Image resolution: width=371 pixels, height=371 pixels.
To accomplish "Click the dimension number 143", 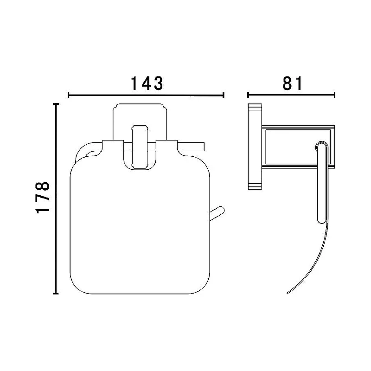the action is pyautogui.click(x=147, y=83).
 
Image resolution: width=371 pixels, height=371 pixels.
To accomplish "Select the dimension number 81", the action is pyautogui.click(x=293, y=83).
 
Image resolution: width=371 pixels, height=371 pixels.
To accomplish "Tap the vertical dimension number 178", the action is pyautogui.click(x=43, y=198).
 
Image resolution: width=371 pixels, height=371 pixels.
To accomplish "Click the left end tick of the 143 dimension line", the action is pyautogui.click(x=68, y=95).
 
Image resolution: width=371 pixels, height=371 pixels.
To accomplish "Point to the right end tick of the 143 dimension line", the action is pyautogui.click(x=224, y=95).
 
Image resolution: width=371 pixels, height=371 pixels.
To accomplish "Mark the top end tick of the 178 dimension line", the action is pyautogui.click(x=56, y=104).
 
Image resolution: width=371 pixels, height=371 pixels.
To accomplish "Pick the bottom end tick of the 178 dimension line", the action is pyautogui.click(x=56, y=294).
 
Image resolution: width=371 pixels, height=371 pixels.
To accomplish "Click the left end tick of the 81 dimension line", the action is pyautogui.click(x=248, y=95).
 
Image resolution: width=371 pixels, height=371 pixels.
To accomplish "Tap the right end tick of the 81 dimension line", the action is pyautogui.click(x=334, y=95).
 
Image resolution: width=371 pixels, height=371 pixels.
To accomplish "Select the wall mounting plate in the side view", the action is pyautogui.click(x=255, y=147).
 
